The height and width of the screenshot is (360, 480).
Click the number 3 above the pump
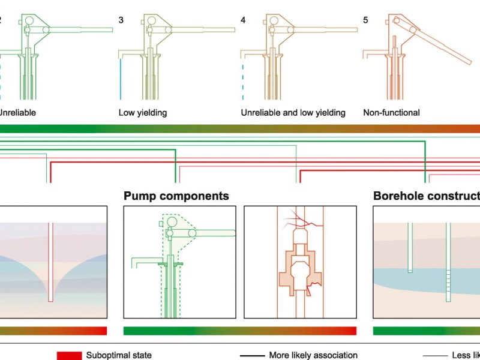[x=121, y=20]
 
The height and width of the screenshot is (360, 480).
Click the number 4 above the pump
[x=242, y=20]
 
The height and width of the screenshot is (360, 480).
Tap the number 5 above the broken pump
[x=365, y=20]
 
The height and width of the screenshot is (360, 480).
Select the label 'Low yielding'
[x=143, y=112]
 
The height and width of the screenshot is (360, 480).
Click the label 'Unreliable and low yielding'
[x=293, y=112]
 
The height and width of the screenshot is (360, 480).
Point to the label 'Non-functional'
[x=391, y=112]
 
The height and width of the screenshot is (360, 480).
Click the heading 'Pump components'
[x=176, y=196]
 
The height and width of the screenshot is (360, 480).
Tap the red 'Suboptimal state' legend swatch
[x=70, y=355]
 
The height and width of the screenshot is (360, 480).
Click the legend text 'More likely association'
[x=313, y=355]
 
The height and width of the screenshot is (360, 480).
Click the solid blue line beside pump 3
[x=121, y=78]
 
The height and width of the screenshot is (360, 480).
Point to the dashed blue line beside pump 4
[x=243, y=78]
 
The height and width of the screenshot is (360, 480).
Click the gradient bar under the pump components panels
[x=239, y=331]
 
